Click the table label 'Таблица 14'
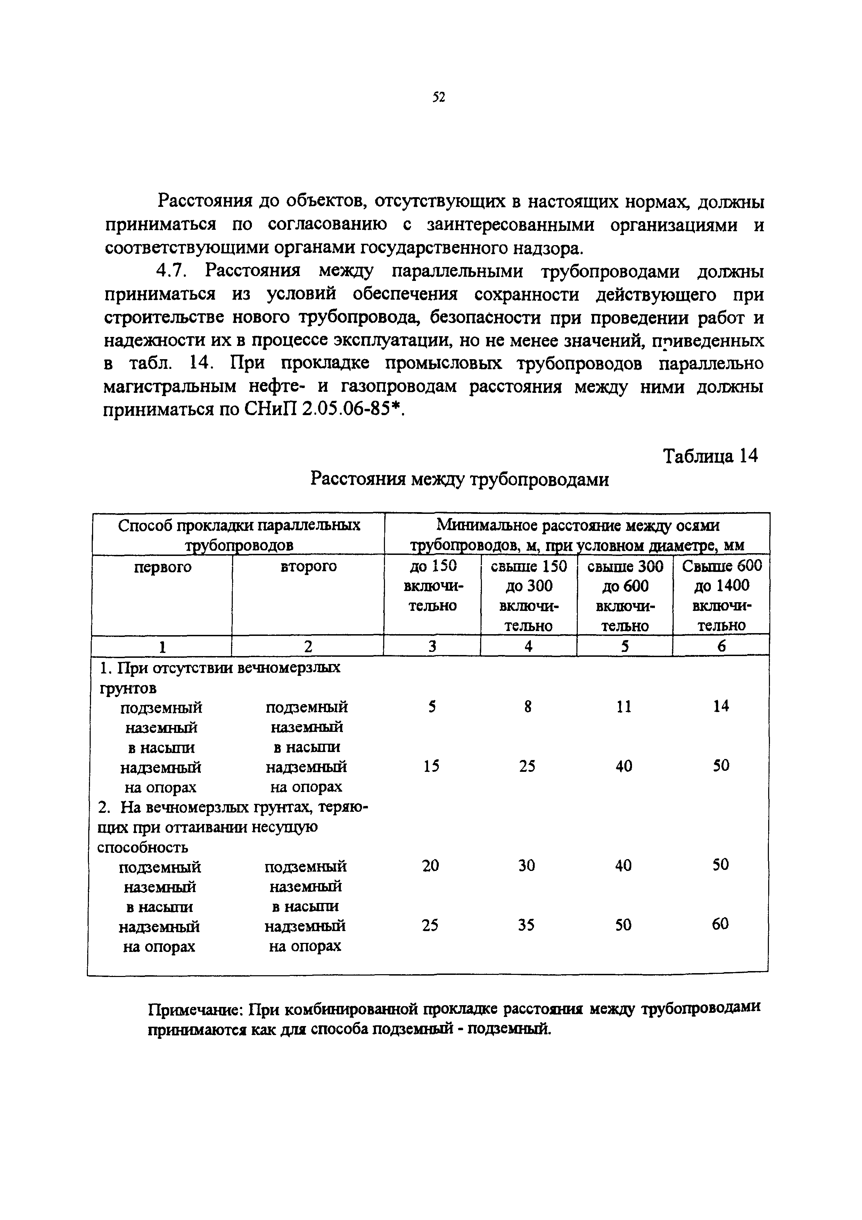point(710,456)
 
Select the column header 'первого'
point(163,567)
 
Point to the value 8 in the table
point(528,707)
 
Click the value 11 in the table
point(624,707)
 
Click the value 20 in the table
point(430,866)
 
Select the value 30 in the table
point(527,866)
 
